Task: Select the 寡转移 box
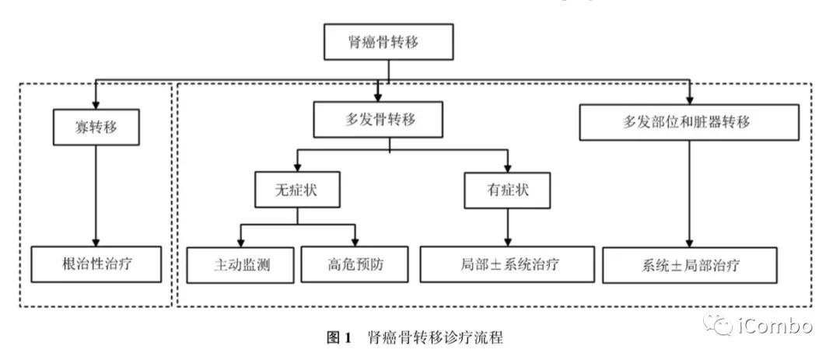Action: [96, 127]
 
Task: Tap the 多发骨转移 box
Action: [380, 121]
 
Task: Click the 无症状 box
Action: [298, 189]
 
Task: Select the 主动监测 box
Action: [240, 265]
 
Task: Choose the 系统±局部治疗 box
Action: [689, 265]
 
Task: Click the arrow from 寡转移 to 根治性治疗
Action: [96, 194]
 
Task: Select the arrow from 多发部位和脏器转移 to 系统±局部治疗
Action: [689, 194]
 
